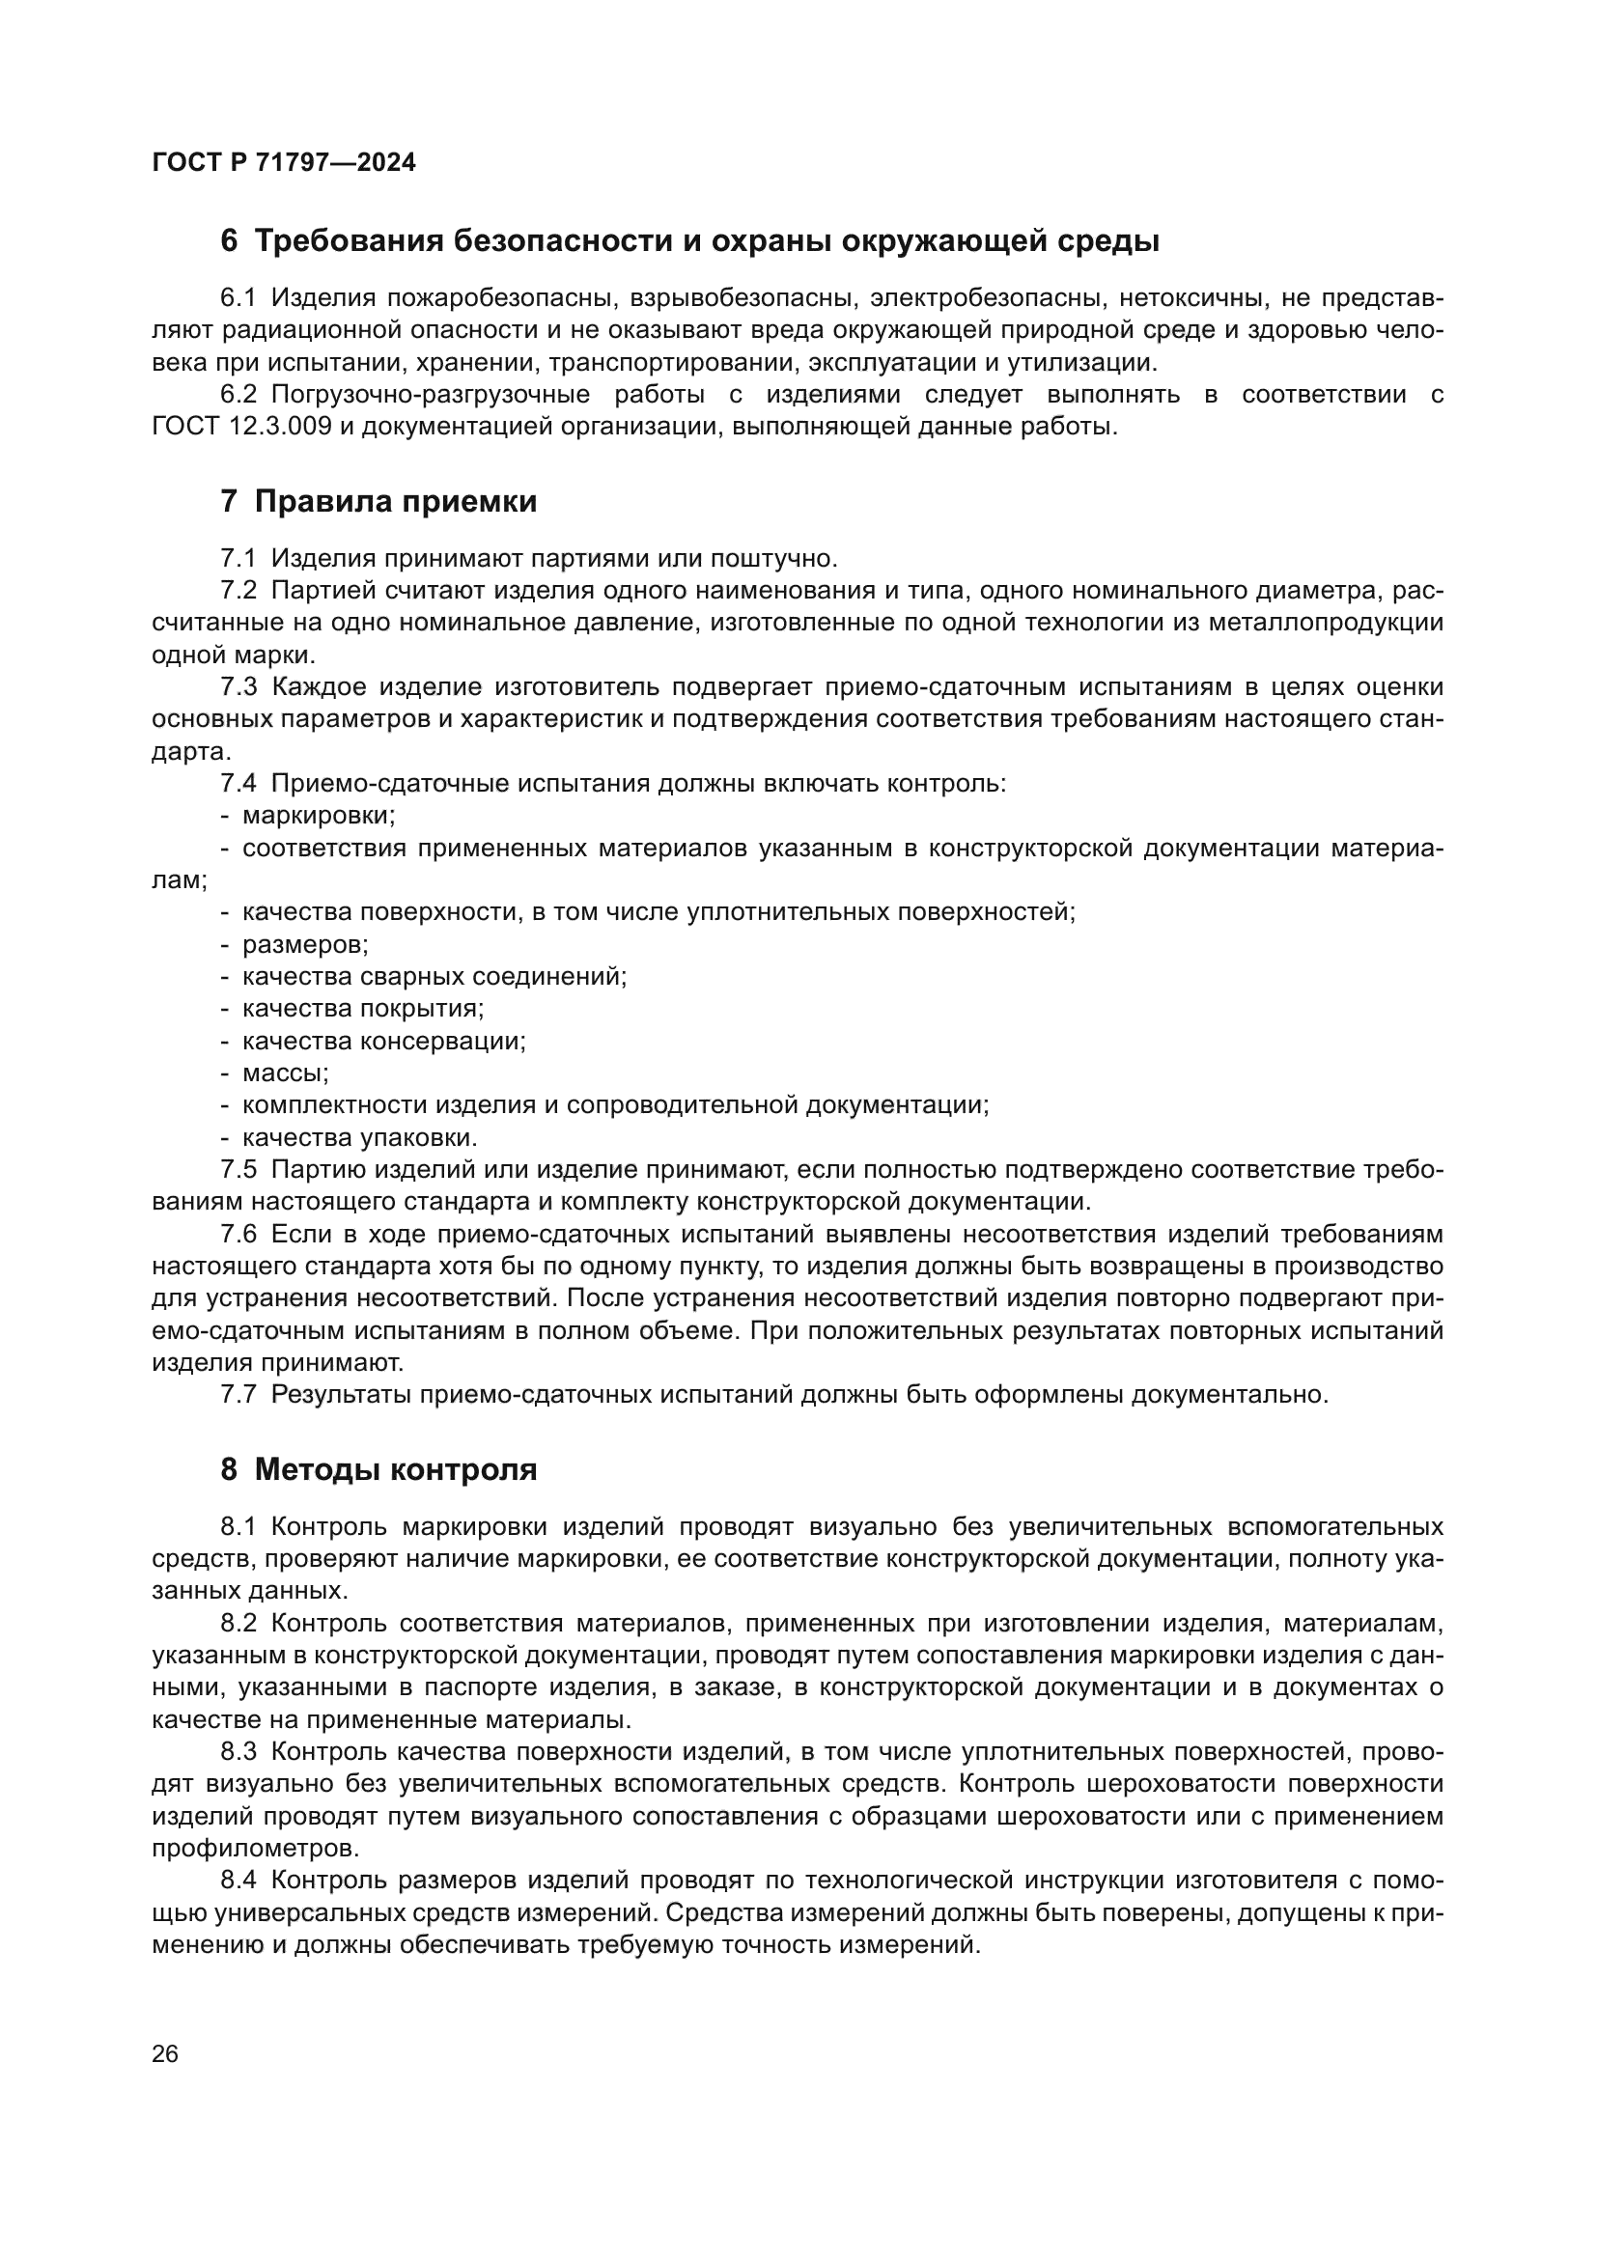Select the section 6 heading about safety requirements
[x=689, y=241]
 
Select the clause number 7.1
[x=238, y=559]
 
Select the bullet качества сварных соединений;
[x=434, y=977]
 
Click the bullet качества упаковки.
[x=359, y=1138]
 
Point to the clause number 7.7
[x=238, y=1395]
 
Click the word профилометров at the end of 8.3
[x=255, y=1848]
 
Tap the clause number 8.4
[x=238, y=1881]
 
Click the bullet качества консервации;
[x=383, y=1041]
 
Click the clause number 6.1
[x=238, y=298]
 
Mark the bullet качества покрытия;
[x=363, y=1009]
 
